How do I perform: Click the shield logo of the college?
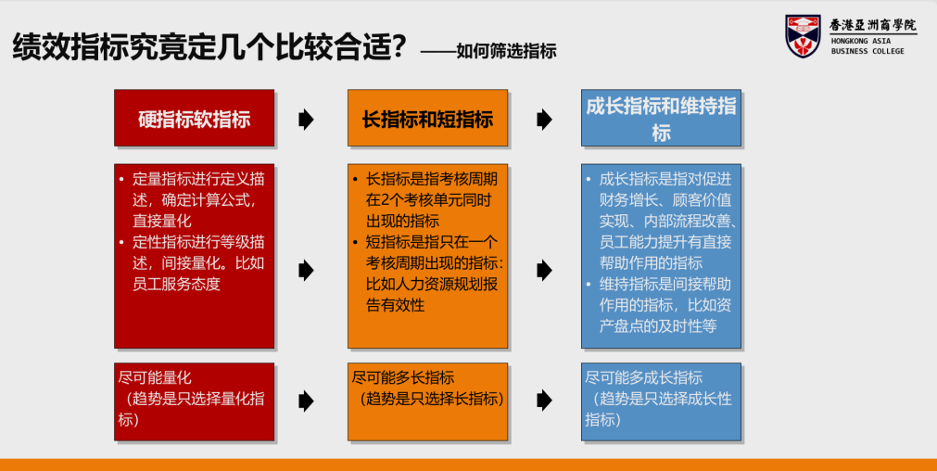pyautogui.click(x=804, y=36)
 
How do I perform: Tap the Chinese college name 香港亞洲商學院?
pyautogui.click(x=872, y=25)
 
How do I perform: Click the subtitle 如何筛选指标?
pyautogui.click(x=506, y=51)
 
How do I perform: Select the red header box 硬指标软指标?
pyautogui.click(x=195, y=118)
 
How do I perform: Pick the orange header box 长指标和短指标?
pyautogui.click(x=428, y=118)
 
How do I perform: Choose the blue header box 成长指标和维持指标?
pyautogui.click(x=661, y=118)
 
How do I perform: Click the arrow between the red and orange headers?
pyautogui.click(x=306, y=120)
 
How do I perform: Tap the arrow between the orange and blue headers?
pyautogui.click(x=544, y=120)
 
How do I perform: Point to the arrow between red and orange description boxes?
pyautogui.click(x=306, y=270)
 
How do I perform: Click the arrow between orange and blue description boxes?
pyautogui.click(x=544, y=270)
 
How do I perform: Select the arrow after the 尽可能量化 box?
pyautogui.click(x=306, y=400)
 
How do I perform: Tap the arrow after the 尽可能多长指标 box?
pyautogui.click(x=544, y=400)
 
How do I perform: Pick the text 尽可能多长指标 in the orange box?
pyautogui.click(x=403, y=377)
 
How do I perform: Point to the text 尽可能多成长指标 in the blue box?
pyautogui.click(x=643, y=377)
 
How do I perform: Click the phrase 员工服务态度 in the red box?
pyautogui.click(x=176, y=284)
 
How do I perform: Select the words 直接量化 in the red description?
pyautogui.click(x=161, y=220)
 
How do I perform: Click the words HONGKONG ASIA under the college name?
pyautogui.click(x=860, y=41)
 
